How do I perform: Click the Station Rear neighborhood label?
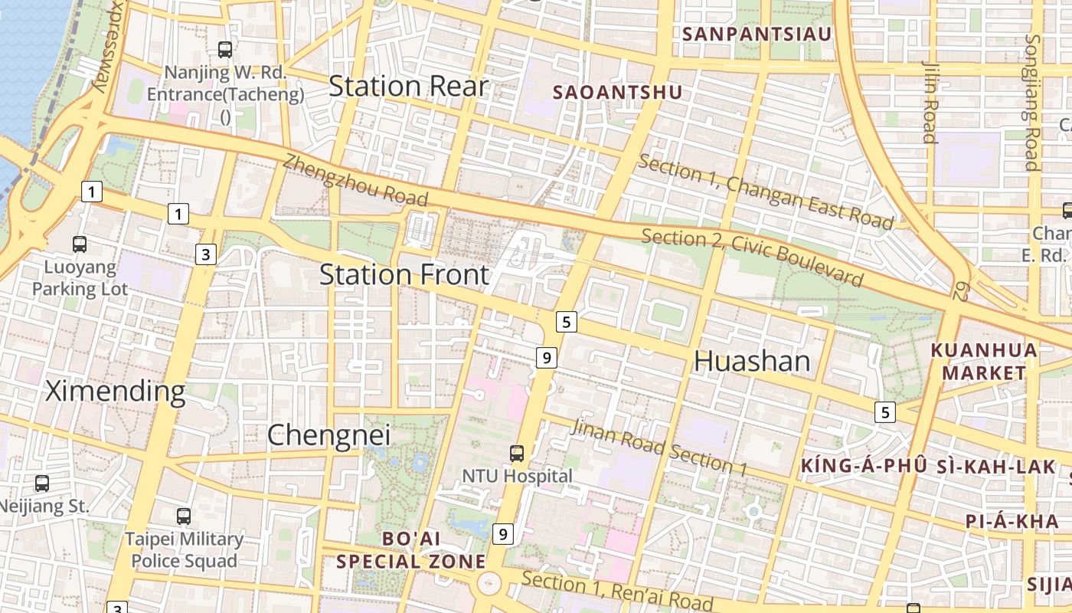point(408,86)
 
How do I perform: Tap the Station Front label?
point(404,274)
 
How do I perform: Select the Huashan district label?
point(751,361)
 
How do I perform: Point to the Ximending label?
point(115,391)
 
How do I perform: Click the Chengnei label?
point(328,435)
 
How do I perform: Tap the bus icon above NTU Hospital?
point(517,453)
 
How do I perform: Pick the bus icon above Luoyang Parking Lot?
point(80,244)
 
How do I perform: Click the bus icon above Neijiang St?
point(42,484)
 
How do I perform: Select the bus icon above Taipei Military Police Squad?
point(183,516)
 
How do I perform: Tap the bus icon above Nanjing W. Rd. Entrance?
point(225,50)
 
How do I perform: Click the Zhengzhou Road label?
point(355,181)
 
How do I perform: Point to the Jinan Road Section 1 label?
point(659,447)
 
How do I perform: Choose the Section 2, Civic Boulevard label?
point(752,257)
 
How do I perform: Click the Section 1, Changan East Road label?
point(765,192)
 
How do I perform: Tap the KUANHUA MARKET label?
point(984,362)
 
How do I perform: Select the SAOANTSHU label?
point(617,93)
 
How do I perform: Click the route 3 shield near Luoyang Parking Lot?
point(205,254)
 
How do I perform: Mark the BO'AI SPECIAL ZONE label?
point(411,550)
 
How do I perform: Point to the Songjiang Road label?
point(1031,102)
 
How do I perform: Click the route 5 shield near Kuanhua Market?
point(886,412)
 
